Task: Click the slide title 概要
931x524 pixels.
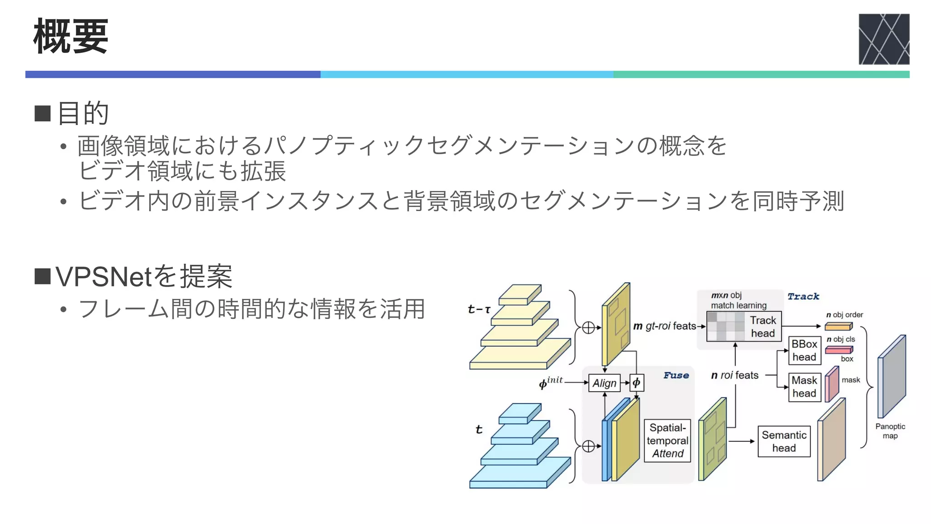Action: tap(71, 36)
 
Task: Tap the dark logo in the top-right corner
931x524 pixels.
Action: tap(883, 39)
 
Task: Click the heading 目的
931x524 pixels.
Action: tap(83, 113)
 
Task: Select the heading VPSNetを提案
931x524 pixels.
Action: tap(144, 276)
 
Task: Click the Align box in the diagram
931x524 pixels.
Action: tap(604, 383)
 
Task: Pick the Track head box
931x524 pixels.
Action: tap(762, 327)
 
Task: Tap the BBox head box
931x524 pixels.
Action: tap(804, 350)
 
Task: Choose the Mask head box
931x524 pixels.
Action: tap(804, 387)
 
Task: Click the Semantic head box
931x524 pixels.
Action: tap(784, 441)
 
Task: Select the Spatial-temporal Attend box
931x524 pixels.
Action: tap(667, 440)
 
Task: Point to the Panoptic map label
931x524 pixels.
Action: tap(890, 431)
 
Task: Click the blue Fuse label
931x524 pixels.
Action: tap(676, 375)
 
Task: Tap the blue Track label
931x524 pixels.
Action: tap(803, 297)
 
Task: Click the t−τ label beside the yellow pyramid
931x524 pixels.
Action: tap(479, 309)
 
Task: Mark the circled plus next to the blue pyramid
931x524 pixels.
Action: tap(588, 446)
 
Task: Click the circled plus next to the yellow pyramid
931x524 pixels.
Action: tap(588, 327)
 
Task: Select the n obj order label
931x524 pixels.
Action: tap(844, 315)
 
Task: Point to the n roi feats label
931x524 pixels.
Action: tap(735, 375)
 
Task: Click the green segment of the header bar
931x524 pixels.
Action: tap(761, 75)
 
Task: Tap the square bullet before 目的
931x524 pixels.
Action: tap(43, 113)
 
